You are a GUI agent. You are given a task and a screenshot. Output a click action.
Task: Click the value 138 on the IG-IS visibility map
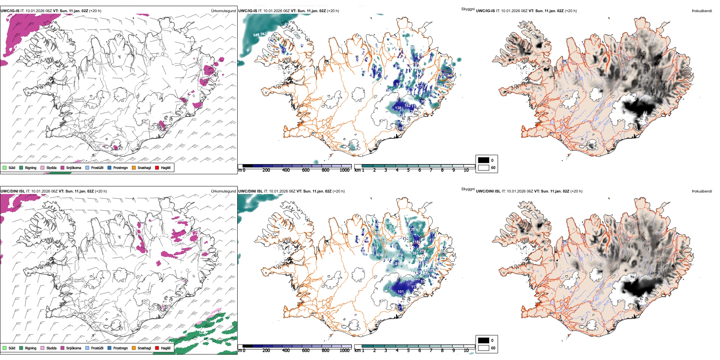coord(398,108)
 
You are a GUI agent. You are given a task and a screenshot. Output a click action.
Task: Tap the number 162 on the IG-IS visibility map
coord(407,106)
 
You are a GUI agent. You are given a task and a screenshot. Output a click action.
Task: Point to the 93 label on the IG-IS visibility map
coord(398,84)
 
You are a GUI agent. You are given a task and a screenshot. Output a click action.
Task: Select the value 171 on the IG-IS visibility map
coord(421,87)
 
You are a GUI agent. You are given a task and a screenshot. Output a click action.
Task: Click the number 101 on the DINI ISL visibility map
coord(401,292)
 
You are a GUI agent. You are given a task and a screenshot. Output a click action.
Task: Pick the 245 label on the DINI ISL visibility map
coord(398,263)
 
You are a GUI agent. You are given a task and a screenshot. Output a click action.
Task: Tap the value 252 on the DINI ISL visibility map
coord(376,248)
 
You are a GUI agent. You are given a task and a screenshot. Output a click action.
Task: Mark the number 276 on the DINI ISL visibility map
coord(400,255)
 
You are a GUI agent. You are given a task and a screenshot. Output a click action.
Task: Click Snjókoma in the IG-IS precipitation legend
coord(74,167)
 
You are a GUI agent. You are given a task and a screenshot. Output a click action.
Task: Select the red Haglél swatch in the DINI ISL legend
coord(157,348)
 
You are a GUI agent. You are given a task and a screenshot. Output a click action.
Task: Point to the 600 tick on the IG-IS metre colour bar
coord(305,170)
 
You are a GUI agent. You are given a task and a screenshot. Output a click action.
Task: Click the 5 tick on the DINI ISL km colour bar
coord(408,351)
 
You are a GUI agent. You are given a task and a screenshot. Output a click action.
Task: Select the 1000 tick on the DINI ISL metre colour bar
coord(344,351)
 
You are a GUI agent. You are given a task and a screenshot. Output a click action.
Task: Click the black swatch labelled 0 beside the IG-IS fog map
coord(484,160)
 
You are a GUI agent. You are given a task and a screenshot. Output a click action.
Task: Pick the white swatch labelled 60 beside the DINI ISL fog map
coord(484,348)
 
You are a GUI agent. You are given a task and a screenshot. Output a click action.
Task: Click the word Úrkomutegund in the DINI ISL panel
coord(223,191)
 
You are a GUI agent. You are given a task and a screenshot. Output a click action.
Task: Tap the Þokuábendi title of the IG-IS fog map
coord(702,11)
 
